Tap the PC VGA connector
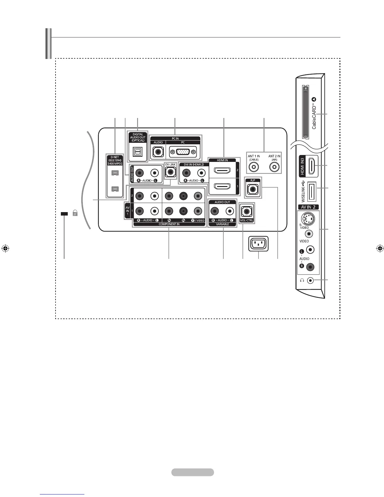tap(183, 153)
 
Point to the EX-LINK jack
tap(170, 172)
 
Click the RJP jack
tap(253, 189)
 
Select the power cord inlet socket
tap(259, 244)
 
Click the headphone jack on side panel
tap(310, 280)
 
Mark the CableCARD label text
tap(314, 114)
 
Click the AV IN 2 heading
tap(308, 207)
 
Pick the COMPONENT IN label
tap(169, 224)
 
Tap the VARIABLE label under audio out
tap(222, 224)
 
